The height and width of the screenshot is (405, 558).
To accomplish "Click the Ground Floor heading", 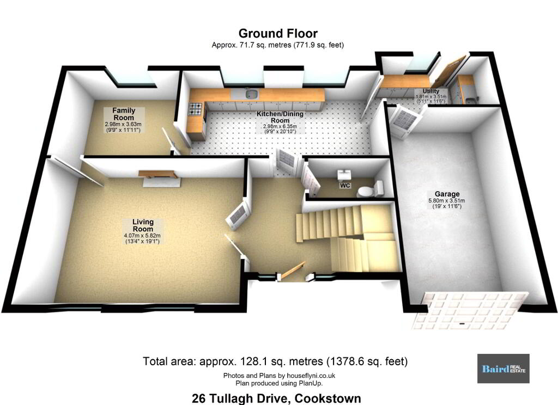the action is point(278,33).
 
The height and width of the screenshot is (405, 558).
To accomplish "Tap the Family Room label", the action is point(124,114).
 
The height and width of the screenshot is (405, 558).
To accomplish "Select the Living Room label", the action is point(143,225).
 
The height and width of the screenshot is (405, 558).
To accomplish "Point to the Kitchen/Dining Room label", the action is point(280,117).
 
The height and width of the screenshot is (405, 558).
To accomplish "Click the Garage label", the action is point(447,194).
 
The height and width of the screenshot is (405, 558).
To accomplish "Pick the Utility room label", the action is point(431,91).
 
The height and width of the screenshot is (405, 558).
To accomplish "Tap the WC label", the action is point(345,185).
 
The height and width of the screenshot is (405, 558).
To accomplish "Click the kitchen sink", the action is point(251,94).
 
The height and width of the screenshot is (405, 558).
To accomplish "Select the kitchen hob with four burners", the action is point(196,109).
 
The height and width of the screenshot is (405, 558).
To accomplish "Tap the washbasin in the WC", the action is point(344,175).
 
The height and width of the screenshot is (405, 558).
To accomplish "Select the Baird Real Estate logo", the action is point(503,369).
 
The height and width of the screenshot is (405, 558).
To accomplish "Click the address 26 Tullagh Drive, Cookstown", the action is point(276,398).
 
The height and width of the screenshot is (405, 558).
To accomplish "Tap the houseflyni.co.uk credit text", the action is point(280,376).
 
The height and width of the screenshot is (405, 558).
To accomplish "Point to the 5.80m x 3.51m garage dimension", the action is point(447,200).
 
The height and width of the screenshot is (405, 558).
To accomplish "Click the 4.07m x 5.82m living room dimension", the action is point(142,235).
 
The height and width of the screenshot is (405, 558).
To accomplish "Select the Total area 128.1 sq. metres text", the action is point(275,361).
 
